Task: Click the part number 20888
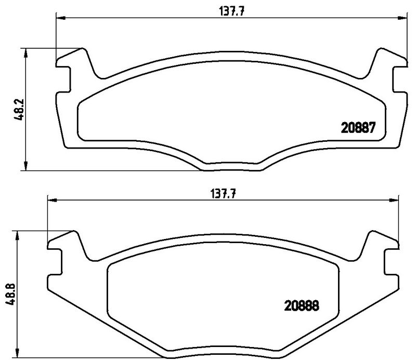[301, 306]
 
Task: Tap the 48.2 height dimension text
[17, 110]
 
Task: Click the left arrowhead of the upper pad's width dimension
[60, 19]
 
